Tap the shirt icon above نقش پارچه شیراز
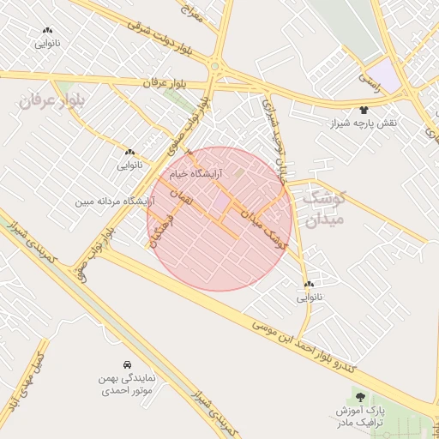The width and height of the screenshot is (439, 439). [364, 111]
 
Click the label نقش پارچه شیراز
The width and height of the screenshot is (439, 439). [364, 124]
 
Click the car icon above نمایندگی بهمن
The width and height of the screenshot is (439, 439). [127, 364]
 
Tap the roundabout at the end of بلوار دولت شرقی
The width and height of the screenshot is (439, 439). [215, 67]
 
